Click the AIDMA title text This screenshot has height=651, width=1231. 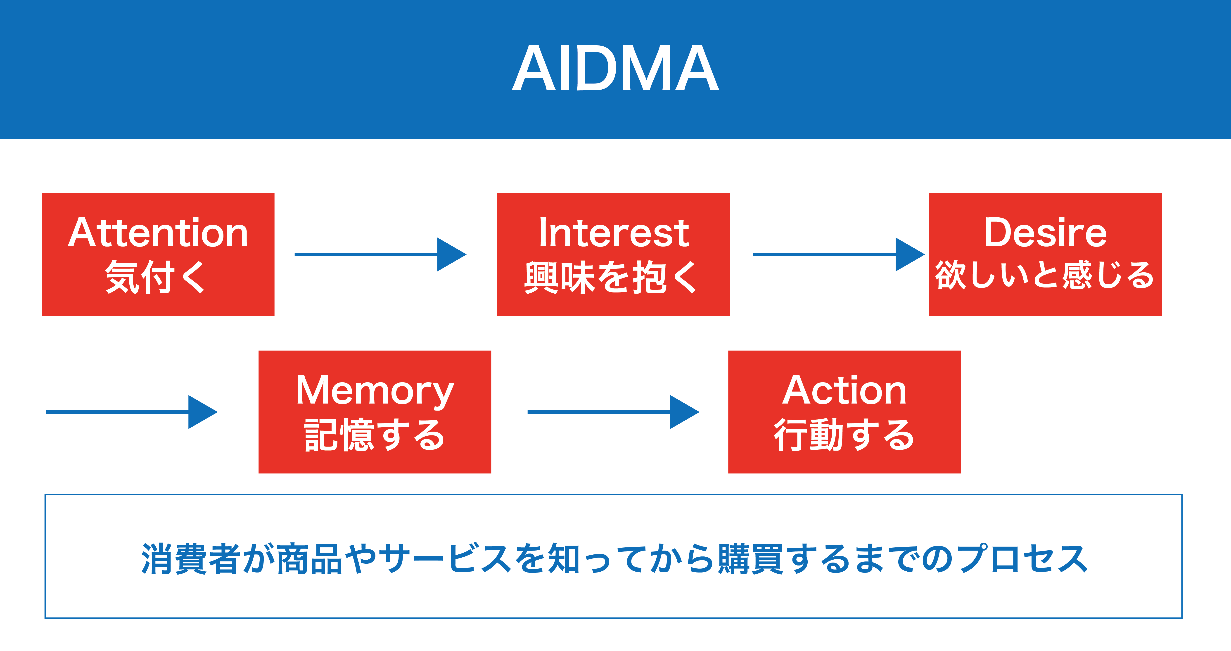616,68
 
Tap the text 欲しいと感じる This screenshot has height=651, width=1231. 1045,275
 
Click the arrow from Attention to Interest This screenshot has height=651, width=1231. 380,254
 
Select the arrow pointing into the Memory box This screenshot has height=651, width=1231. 131,412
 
